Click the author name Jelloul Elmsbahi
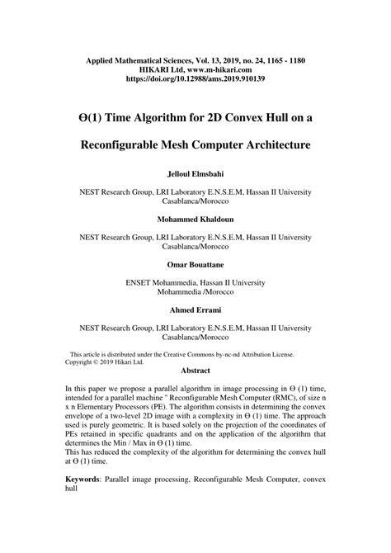(x=195, y=176)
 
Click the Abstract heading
(x=195, y=371)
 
